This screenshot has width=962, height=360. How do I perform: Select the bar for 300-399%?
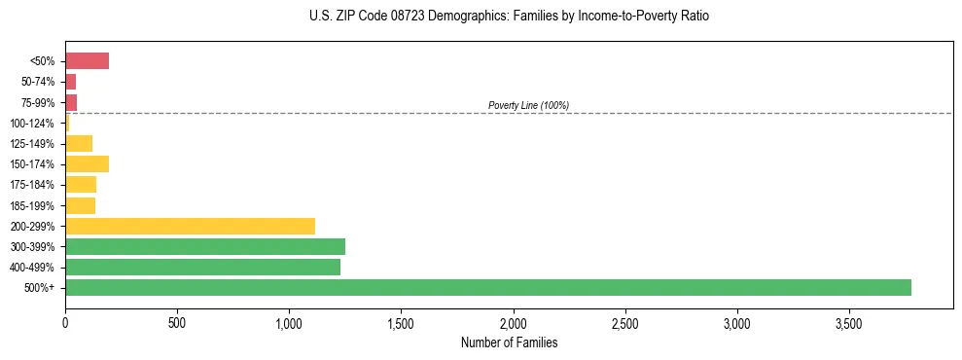point(205,246)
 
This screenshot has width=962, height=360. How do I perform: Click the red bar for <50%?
point(87,61)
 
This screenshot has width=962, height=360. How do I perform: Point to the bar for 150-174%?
point(87,163)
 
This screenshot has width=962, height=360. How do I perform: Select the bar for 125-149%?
point(79,143)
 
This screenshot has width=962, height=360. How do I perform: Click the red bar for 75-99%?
point(71,102)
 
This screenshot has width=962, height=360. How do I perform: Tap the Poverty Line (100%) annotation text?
point(528,105)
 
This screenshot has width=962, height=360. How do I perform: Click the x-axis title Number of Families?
point(509,342)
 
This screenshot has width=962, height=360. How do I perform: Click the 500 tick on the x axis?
point(177,322)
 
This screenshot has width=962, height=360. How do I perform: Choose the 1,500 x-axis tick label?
point(401,322)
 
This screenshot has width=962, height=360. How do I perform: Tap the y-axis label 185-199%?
point(32,205)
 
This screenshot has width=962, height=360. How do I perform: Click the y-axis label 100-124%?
point(32,123)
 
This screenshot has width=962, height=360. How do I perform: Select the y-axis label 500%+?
point(40,288)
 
